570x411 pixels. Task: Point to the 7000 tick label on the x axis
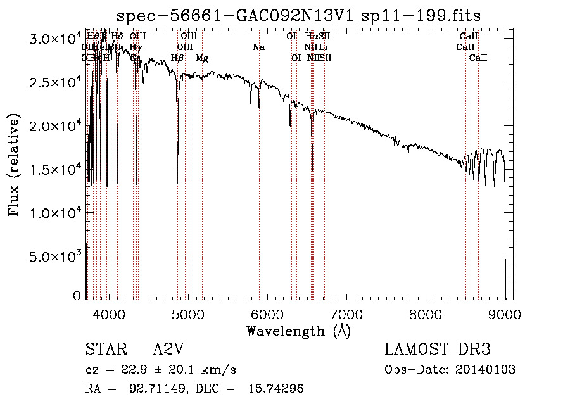coord(346,313)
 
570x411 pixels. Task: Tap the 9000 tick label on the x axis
coord(505,313)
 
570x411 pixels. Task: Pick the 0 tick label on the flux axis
coord(77,296)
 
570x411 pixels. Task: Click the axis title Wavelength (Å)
coord(298,331)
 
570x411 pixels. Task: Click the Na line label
coord(258,47)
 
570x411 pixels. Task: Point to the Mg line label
coord(202,58)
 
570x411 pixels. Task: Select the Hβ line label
coord(177,58)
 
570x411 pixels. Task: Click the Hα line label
coord(311,37)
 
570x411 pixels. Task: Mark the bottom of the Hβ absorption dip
coord(177,182)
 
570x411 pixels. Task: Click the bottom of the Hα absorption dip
coord(312,170)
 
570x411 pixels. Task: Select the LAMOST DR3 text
coord(438,350)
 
